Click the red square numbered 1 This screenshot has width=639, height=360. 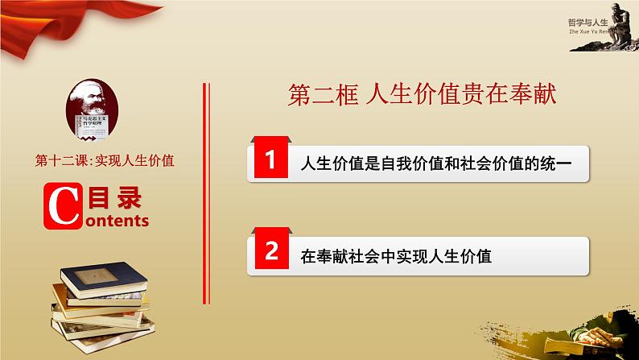tap(271, 163)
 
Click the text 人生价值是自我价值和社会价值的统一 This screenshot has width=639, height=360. tap(435, 163)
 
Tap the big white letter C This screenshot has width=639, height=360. tap(61, 205)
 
